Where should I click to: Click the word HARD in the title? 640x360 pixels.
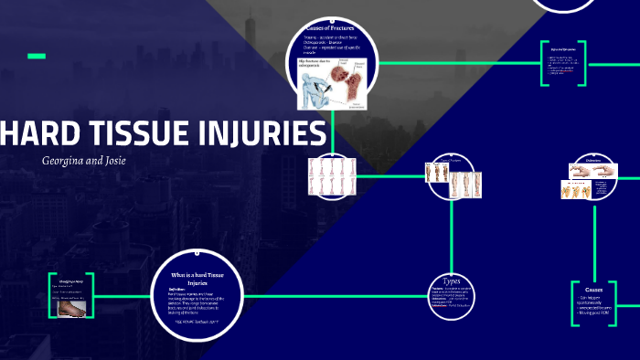(41, 134)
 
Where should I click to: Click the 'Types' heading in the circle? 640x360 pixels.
(452, 281)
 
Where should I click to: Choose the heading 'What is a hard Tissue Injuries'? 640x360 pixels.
(198, 278)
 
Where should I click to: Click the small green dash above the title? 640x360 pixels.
(36, 57)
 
